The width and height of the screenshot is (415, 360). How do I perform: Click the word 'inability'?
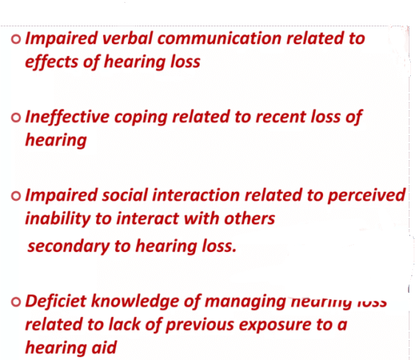(61, 219)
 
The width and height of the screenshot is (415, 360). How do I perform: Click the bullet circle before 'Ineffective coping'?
(17, 118)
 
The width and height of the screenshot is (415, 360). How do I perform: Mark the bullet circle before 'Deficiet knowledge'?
(17, 303)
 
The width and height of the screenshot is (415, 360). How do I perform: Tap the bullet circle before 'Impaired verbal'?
(17, 39)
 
